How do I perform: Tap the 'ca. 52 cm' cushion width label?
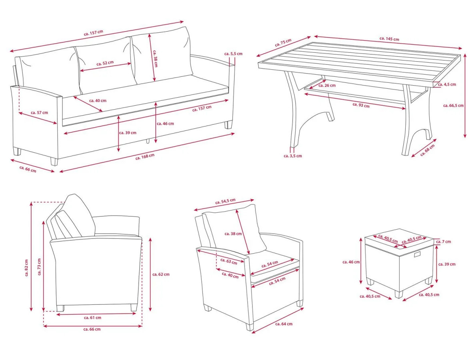pos(105,63)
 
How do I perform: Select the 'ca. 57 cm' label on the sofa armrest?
pos(39,113)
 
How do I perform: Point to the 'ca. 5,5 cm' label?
pos(233,54)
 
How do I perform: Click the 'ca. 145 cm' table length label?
pos(389,38)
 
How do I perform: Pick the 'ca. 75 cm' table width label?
pos(283,43)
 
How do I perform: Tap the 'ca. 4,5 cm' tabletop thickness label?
pos(447,84)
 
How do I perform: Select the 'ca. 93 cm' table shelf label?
pos(361,105)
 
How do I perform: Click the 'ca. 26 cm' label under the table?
pos(327,85)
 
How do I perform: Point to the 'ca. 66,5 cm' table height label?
pos(453,106)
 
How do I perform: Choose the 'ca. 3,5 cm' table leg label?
pos(293,156)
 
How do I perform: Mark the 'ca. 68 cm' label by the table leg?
pos(428,150)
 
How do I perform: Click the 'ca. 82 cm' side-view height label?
pos(26,268)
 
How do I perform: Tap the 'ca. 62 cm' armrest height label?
pos(161,274)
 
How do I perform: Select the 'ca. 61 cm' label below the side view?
pos(92,318)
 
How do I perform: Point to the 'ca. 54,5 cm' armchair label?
pos(225,202)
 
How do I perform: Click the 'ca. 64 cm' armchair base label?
pos(284,324)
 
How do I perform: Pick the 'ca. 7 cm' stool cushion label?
pos(443,242)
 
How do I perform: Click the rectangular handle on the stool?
pos(418,255)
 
